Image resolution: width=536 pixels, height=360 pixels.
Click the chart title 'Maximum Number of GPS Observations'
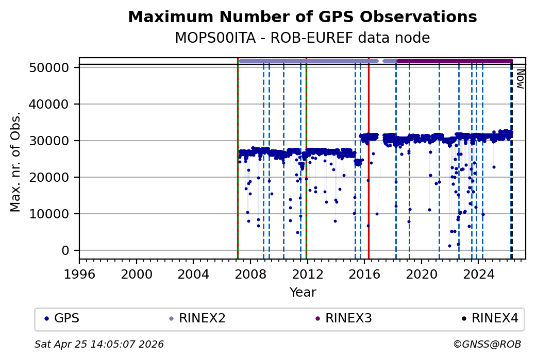pyautogui.click(x=302, y=17)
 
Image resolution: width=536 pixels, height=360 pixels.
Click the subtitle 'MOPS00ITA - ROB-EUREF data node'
pyautogui.click(x=302, y=38)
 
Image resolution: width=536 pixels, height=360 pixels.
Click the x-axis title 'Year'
pyautogui.click(x=303, y=293)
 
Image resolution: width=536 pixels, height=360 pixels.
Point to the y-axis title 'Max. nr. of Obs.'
pyautogui.click(x=15, y=162)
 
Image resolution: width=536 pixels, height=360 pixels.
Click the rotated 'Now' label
pyautogui.click(x=520, y=78)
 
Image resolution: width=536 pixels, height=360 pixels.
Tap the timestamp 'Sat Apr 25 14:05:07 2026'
pyautogui.click(x=99, y=344)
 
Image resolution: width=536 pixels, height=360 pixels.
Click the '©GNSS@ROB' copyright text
pyautogui.click(x=487, y=344)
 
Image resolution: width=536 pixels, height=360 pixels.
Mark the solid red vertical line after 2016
pyautogui.click(x=368, y=155)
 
